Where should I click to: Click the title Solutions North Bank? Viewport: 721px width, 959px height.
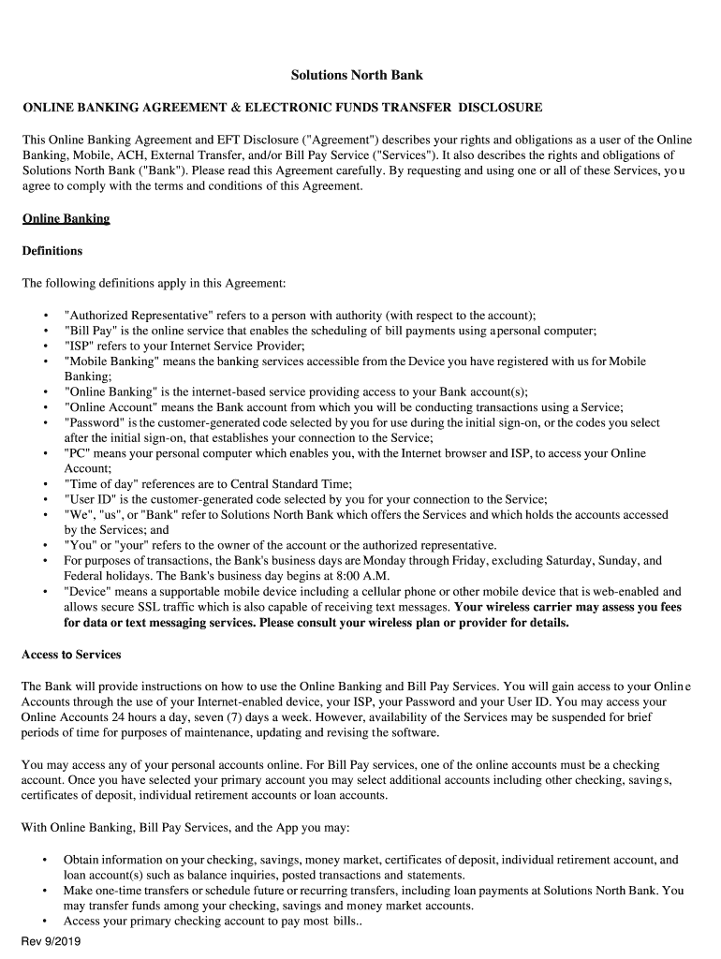357,75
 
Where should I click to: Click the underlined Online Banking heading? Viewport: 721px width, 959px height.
66,218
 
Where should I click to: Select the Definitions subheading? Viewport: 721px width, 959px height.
52,251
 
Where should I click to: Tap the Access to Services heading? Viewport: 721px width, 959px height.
71,654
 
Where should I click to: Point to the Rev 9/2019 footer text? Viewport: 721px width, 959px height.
51,943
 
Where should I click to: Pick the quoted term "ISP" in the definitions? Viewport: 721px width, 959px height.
80,346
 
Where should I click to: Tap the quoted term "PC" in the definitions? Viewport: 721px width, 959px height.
78,453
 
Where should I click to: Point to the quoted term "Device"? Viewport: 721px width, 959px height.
89,592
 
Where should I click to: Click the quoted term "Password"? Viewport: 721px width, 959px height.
95,422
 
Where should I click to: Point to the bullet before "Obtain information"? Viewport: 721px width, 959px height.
45,860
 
